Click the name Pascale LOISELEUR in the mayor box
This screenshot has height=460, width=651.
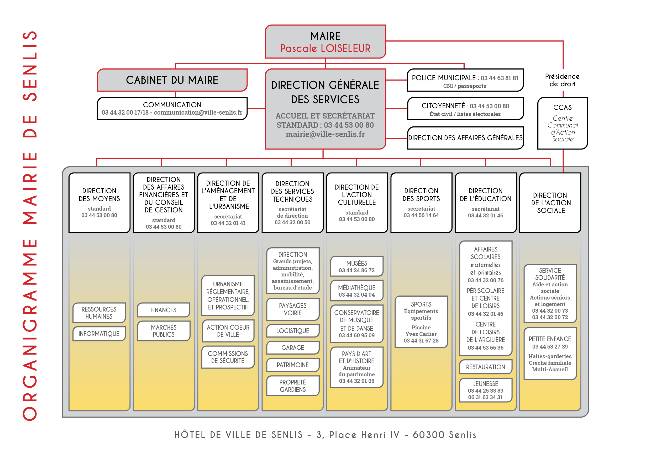(x=325, y=49)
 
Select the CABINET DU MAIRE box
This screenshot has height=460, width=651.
(x=172, y=80)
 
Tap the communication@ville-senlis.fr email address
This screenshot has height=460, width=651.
(x=198, y=113)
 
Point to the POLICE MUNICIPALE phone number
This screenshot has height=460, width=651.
(x=500, y=78)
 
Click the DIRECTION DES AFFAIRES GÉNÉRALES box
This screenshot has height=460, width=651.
(x=465, y=138)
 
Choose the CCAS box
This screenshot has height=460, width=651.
(x=563, y=123)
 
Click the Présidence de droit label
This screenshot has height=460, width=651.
(x=563, y=80)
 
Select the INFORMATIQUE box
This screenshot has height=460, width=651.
(x=99, y=334)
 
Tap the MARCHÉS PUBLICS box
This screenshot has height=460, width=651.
(x=164, y=331)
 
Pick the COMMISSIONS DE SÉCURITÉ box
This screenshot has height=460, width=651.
(x=228, y=357)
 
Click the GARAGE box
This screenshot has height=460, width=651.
(x=293, y=347)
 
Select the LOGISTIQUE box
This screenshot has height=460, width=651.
(x=293, y=331)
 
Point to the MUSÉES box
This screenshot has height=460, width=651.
(x=357, y=266)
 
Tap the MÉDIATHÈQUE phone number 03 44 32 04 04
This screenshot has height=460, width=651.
(x=357, y=295)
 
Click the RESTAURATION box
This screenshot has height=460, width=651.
(x=486, y=367)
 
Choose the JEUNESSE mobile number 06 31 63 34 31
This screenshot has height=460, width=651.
(x=485, y=397)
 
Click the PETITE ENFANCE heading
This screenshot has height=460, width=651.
(x=550, y=339)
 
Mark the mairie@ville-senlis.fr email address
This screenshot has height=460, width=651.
(x=325, y=134)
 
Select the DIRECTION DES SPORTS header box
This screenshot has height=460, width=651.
(x=421, y=203)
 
